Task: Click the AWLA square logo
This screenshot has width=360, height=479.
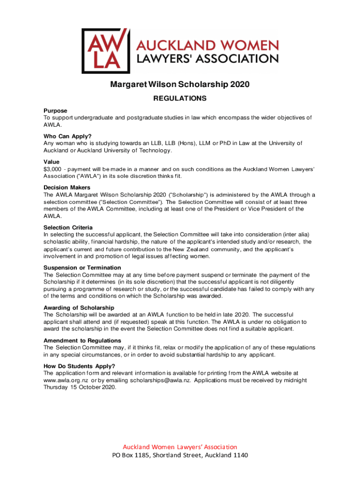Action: (105, 51)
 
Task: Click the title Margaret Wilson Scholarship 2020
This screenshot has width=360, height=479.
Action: (180, 85)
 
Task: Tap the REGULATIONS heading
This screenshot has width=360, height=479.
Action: (180, 99)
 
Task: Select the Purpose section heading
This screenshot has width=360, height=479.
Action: (56, 111)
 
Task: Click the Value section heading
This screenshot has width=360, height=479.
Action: (51, 162)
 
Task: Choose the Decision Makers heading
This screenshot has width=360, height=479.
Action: (67, 188)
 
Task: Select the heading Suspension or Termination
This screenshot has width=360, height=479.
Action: (82, 268)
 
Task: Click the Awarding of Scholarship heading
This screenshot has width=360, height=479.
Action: (79, 308)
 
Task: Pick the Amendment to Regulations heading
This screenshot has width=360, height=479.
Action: (82, 341)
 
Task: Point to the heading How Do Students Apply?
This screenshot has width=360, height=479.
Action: (79, 366)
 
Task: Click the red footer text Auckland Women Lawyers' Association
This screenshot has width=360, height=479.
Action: (180, 447)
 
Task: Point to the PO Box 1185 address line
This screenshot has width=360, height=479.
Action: (180, 456)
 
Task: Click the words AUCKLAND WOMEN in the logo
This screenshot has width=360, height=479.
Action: (207, 46)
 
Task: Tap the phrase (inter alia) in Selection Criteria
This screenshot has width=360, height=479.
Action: (295, 234)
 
